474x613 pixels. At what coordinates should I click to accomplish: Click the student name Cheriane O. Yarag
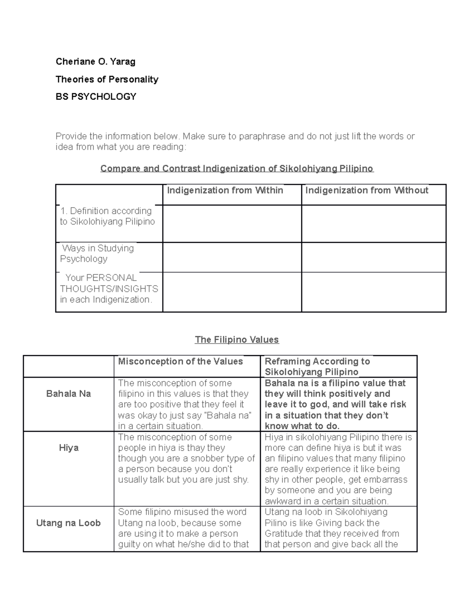coord(96,62)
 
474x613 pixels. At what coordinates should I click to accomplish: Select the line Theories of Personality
coord(107,79)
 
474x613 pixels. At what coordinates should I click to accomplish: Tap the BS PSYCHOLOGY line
coord(96,97)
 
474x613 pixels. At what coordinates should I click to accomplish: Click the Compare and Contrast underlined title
coord(237,169)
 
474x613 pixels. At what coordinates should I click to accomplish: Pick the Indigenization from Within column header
coord(225,191)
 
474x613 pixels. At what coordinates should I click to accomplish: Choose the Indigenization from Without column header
coord(367,191)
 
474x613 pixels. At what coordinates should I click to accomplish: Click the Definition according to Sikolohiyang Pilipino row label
coord(107,216)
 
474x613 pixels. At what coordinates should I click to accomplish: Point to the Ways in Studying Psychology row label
coord(98,253)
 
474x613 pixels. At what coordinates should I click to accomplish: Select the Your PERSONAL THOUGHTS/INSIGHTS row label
coord(109,289)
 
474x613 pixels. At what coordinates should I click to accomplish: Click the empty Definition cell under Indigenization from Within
coord(232,223)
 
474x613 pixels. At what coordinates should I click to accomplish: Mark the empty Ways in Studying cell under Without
coord(374,257)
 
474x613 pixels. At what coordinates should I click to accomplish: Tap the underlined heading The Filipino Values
coord(237,340)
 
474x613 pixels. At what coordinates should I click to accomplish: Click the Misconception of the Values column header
coord(181,362)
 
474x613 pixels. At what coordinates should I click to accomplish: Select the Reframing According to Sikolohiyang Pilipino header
coord(317,367)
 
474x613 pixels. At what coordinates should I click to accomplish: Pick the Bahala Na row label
coord(68,394)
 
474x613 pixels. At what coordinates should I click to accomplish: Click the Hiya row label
coord(68,448)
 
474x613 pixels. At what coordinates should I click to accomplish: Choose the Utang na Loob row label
coord(68,523)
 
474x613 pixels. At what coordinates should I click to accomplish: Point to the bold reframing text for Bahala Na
coord(335,405)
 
